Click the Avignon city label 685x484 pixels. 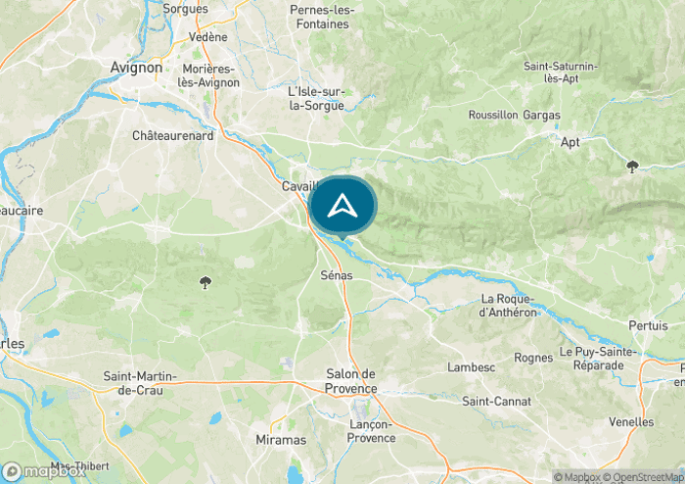[136, 67]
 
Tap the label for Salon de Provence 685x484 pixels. [349, 381]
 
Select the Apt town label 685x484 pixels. [571, 142]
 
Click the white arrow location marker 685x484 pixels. [342, 206]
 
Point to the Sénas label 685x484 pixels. [337, 276]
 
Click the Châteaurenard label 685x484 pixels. [172, 136]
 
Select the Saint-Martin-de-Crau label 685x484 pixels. [148, 383]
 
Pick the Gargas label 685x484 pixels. [542, 115]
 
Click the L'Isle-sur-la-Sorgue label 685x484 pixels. [316, 98]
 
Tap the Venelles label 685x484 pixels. [631, 421]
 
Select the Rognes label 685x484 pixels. [533, 358]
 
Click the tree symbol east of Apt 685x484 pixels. [633, 167]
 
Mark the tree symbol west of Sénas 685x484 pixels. [205, 283]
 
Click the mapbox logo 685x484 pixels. [44, 471]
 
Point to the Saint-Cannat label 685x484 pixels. [496, 401]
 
